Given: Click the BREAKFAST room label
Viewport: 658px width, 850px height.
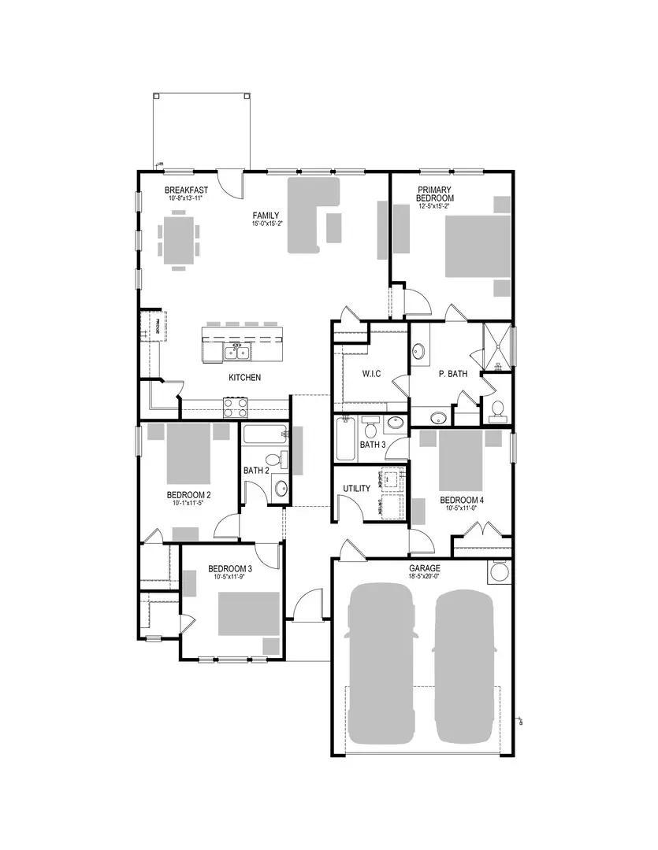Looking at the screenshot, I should coord(186,190).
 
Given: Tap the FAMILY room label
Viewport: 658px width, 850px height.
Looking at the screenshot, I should coord(265,215).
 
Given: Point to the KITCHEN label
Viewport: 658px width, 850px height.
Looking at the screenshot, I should coord(244,378).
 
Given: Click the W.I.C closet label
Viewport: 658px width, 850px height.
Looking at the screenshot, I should coord(370,374).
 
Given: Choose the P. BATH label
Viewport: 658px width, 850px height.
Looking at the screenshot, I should coord(453,374).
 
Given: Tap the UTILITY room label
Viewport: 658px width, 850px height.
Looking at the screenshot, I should coord(356,489).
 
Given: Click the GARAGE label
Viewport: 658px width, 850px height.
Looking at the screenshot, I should coord(424,568).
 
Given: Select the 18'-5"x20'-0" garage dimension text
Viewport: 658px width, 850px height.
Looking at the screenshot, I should coord(424,577).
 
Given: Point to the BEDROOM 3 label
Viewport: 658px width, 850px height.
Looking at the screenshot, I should coord(229,569).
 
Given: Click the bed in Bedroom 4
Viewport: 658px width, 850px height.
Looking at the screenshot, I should coord(460,458).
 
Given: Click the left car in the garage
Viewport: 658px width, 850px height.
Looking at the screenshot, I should coord(381,663).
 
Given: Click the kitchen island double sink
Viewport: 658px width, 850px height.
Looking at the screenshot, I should coord(236,353).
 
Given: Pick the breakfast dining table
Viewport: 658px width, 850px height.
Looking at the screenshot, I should coord(178,239).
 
